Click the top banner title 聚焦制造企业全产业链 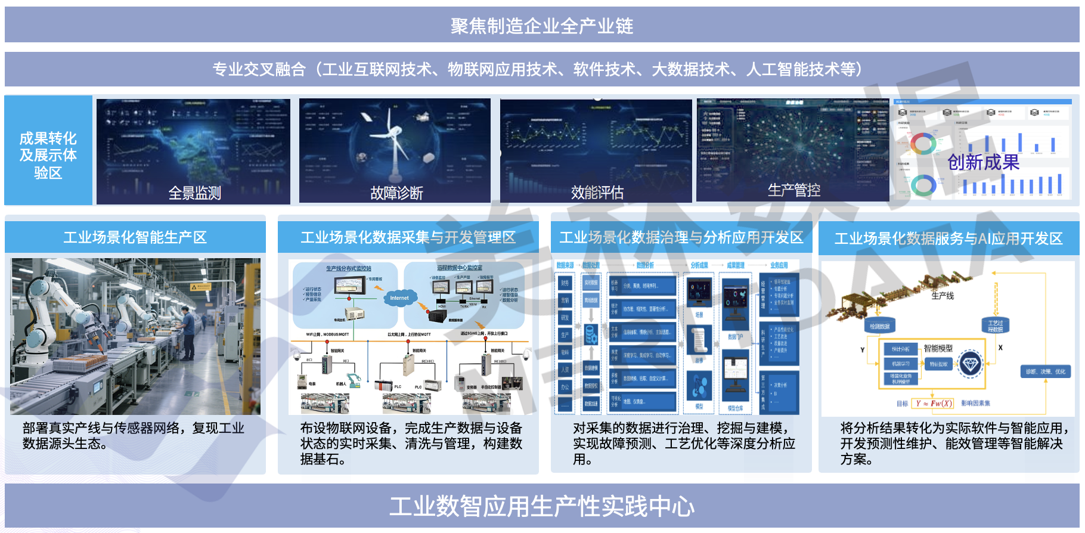point(541,26)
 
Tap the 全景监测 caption point(194,193)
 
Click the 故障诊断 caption point(396,193)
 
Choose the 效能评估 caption point(597,193)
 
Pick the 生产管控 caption point(793,190)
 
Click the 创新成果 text point(983,162)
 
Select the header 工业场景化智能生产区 point(135,237)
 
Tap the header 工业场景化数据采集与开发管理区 point(408,237)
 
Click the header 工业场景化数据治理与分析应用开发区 point(681,237)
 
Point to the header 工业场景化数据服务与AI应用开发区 point(948,238)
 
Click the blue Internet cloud point(399,298)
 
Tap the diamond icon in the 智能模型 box point(970,363)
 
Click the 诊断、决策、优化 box point(1045,371)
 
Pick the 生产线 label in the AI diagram point(942,296)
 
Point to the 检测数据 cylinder point(879,326)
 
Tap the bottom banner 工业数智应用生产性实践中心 point(541,506)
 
